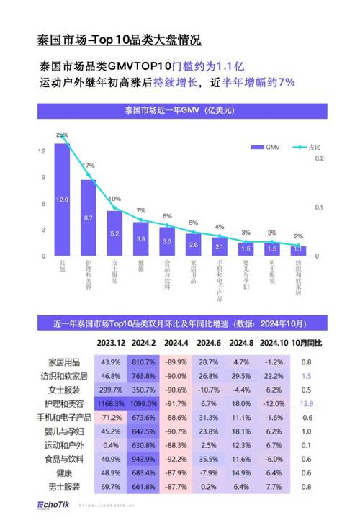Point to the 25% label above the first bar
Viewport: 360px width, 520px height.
tap(63, 135)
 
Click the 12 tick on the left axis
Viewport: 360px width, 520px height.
tap(42, 151)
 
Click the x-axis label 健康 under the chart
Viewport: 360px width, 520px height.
tap(141, 271)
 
